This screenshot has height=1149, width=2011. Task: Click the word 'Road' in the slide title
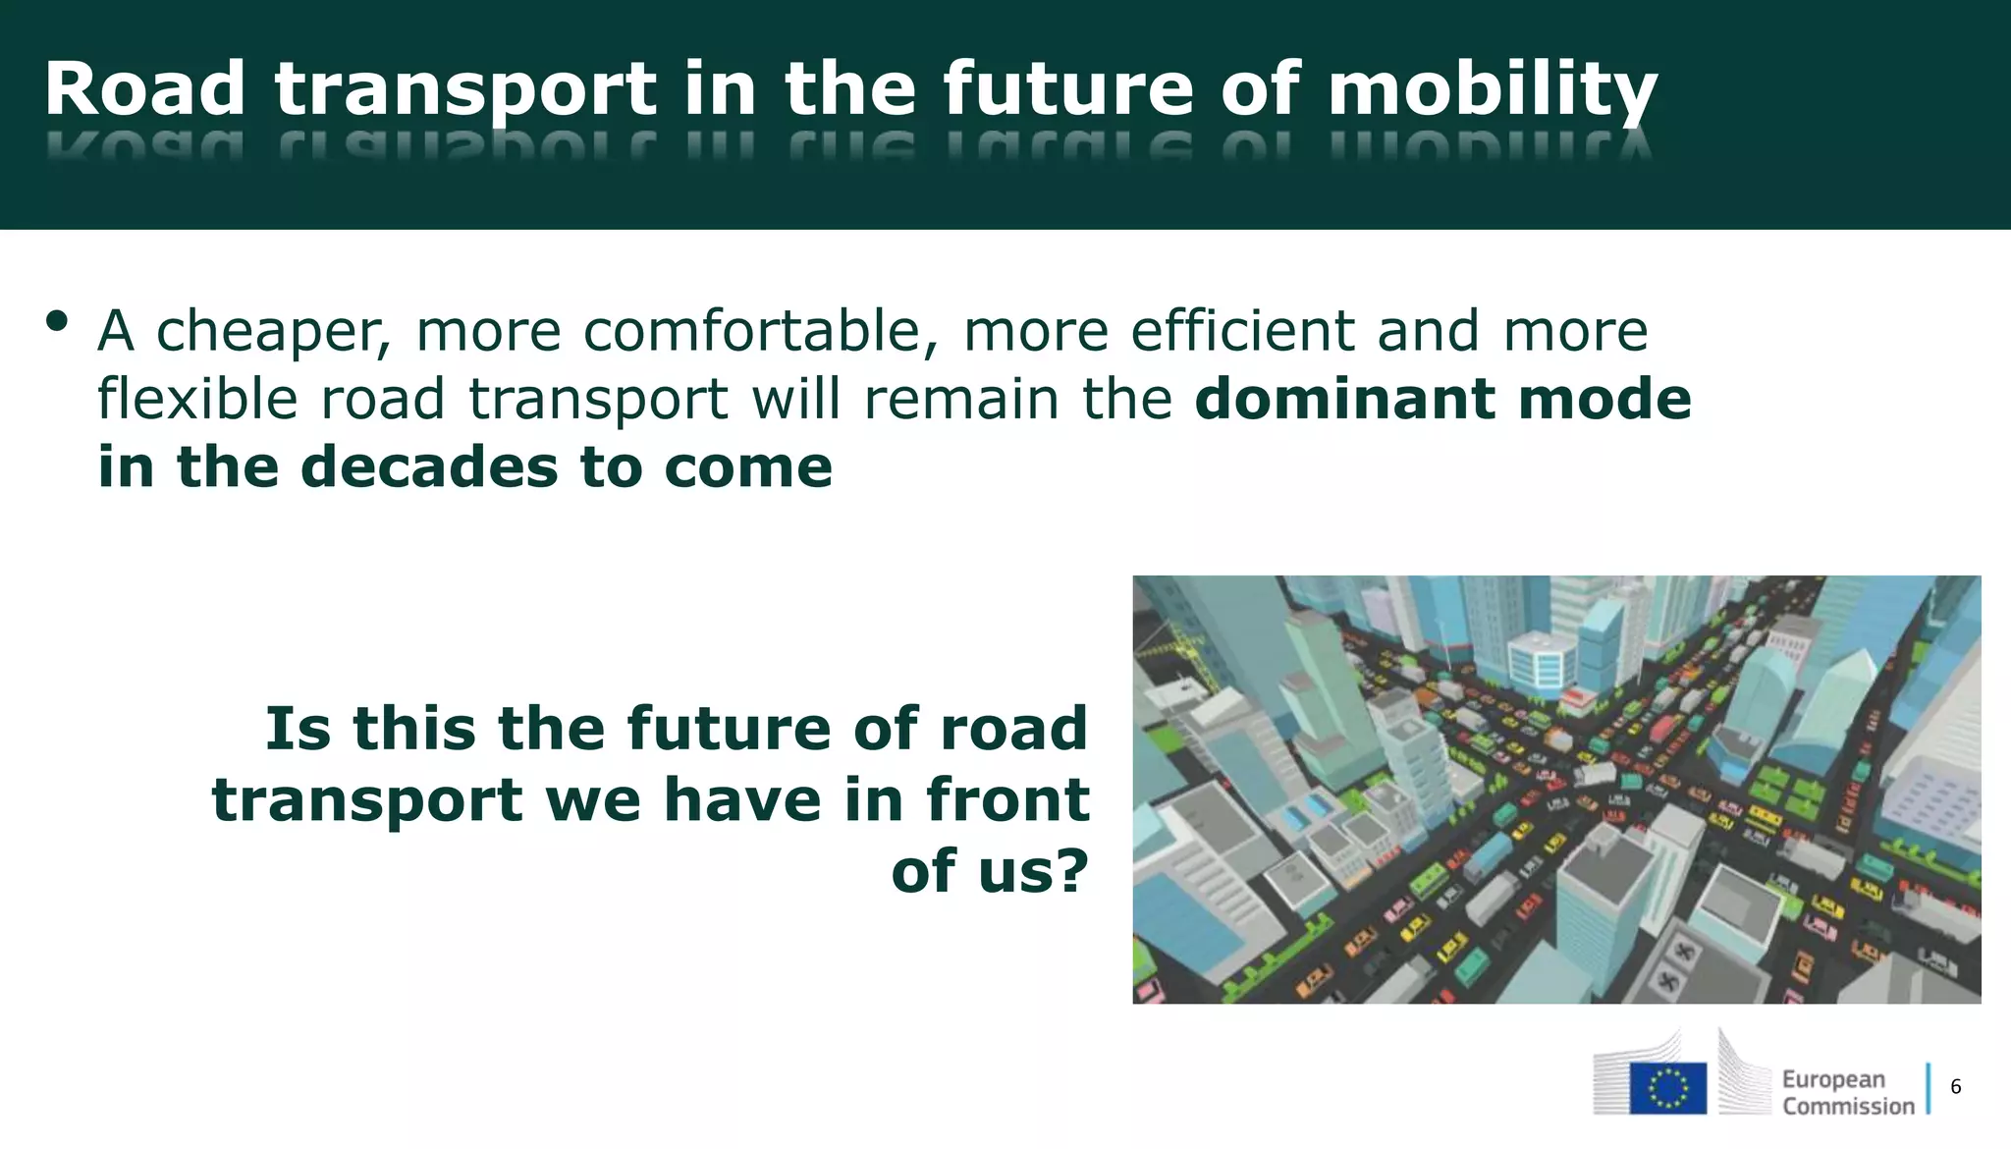(x=144, y=88)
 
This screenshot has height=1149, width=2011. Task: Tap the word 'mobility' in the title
(x=1493, y=90)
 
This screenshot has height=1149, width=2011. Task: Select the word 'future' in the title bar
(x=1068, y=88)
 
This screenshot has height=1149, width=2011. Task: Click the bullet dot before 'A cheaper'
(x=57, y=321)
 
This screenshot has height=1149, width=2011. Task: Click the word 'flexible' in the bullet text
(x=197, y=399)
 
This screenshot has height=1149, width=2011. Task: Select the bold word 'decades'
(x=429, y=466)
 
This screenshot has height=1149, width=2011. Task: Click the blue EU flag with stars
(x=1667, y=1088)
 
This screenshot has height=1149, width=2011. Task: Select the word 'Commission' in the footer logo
(x=1848, y=1107)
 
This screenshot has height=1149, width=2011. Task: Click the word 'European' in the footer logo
(x=1833, y=1079)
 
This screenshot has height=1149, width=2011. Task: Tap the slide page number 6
(x=1955, y=1086)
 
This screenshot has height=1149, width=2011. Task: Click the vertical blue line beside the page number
(x=1928, y=1088)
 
